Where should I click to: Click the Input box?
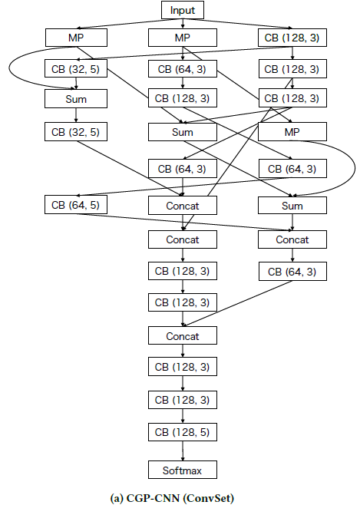(183, 10)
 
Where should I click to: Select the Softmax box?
(183, 470)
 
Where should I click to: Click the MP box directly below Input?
(183, 38)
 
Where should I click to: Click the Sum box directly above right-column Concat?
(292, 205)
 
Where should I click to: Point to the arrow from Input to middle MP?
(183, 24)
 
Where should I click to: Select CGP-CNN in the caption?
(153, 498)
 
